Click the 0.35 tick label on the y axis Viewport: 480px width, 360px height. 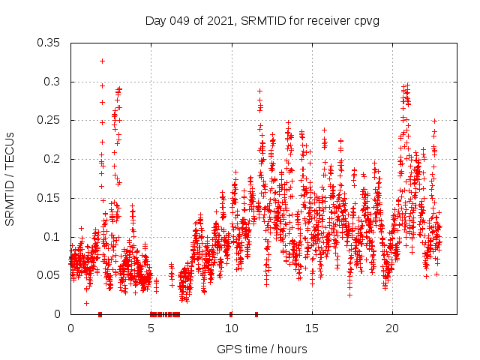[49, 43]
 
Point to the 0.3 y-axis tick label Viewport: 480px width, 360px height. [52, 82]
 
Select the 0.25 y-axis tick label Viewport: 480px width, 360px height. [49, 120]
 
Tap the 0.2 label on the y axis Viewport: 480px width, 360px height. [52, 159]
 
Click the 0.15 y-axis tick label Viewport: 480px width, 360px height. [49, 198]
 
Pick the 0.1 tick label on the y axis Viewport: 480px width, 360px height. [52, 237]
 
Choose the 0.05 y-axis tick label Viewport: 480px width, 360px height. [49, 275]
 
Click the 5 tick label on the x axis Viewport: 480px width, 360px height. [151, 328]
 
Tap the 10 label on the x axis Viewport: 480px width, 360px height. [231, 328]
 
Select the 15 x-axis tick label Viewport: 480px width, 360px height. [311, 328]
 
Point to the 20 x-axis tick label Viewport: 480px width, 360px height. [391, 328]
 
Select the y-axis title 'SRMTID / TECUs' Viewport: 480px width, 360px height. [10, 178]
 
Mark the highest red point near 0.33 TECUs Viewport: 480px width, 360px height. [102, 61]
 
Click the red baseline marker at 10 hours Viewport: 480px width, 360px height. [231, 314]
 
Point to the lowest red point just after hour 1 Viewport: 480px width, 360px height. [87, 303]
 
